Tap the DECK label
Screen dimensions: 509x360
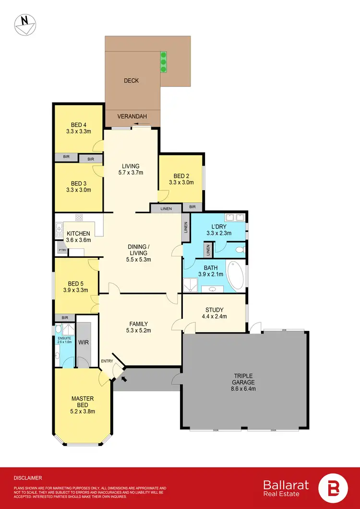point(131,81)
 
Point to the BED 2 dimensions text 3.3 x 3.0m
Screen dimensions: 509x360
point(181,182)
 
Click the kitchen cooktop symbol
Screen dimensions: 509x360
point(79,218)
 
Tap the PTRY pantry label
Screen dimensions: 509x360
point(61,250)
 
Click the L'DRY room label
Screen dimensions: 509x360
point(211,227)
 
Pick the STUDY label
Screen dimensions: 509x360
point(214,310)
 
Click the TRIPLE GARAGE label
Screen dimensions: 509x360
point(243,379)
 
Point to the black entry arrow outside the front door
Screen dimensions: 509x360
point(125,379)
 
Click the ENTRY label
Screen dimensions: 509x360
point(107,361)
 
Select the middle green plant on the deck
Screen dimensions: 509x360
point(164,61)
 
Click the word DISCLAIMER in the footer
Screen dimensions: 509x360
point(27,478)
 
